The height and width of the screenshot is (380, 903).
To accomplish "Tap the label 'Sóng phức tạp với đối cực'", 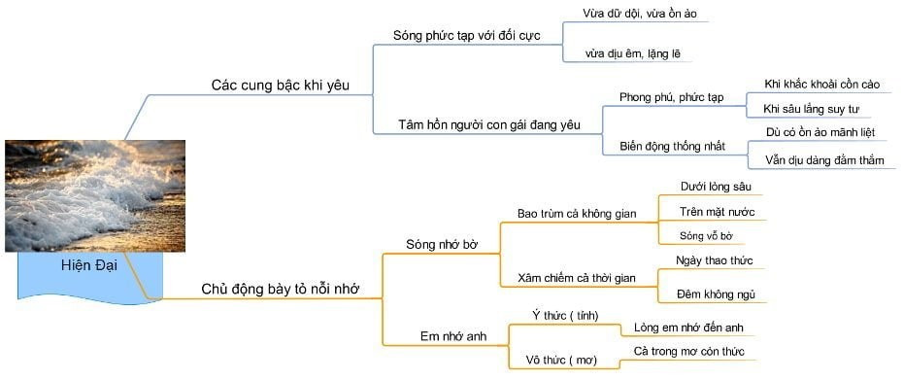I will [465, 35].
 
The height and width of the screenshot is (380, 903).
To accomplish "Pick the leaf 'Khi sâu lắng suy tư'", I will [812, 109].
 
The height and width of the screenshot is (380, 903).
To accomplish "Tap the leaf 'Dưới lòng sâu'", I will [717, 186].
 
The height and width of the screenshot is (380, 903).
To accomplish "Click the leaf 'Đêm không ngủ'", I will [716, 294].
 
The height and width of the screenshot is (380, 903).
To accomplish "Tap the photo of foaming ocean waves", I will [82, 194].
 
